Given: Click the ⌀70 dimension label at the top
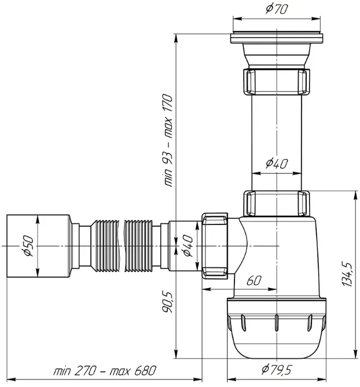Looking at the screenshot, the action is (277, 9).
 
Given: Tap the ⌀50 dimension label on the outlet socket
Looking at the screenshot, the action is (28, 246).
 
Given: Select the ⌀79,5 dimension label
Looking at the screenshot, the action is (277, 370).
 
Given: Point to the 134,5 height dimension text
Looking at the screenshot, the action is (347, 274).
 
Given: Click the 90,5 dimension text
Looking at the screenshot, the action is (167, 302).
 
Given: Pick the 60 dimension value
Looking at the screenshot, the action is (254, 281).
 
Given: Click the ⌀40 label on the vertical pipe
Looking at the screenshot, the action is (277, 163).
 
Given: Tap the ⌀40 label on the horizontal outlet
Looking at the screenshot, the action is (188, 246).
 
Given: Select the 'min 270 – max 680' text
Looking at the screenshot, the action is (105, 370).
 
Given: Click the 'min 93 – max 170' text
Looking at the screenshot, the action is (168, 140).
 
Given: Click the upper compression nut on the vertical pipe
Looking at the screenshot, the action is (277, 82).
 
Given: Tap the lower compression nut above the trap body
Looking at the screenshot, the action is (277, 203).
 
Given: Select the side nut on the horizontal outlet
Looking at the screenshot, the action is (215, 246).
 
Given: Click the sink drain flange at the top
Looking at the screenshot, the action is (277, 38).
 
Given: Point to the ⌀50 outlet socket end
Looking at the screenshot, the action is (38, 246).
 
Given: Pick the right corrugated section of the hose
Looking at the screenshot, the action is (138, 246).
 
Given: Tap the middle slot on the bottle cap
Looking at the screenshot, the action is (277, 322).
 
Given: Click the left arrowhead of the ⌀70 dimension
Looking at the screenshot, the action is (237, 19).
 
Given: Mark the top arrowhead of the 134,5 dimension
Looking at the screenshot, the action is (355, 195).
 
